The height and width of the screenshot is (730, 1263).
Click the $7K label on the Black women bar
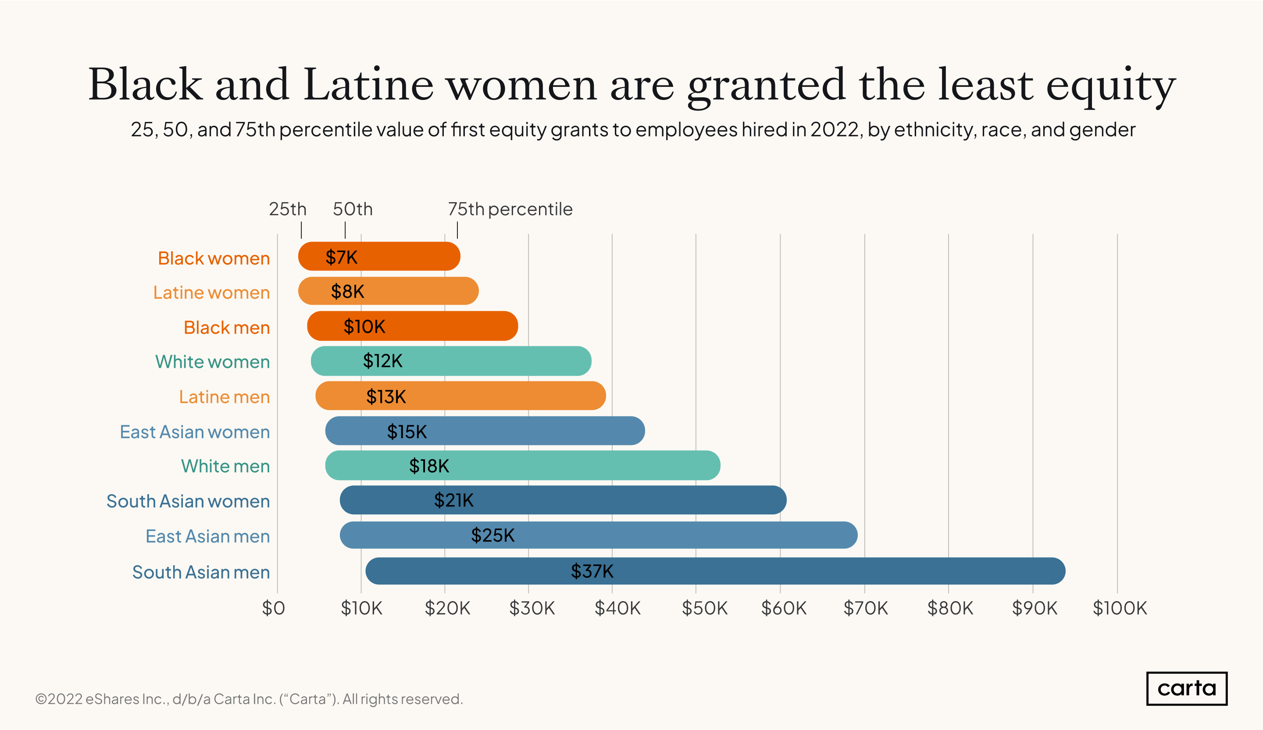click(x=341, y=257)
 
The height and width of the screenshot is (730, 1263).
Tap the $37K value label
click(x=592, y=571)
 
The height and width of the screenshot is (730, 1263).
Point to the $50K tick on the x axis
click(x=704, y=608)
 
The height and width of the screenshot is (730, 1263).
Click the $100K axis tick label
click(x=1119, y=608)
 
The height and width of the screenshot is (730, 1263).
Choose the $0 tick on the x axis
click(x=274, y=608)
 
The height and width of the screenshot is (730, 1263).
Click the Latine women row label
click(x=211, y=292)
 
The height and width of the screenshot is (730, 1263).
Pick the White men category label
click(x=225, y=466)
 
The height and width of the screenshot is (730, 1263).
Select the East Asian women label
click(x=194, y=432)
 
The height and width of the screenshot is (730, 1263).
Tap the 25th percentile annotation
click(x=287, y=209)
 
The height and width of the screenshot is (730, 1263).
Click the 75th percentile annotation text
click(x=510, y=209)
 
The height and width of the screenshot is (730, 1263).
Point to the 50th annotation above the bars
click(x=352, y=209)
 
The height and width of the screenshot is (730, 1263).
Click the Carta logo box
click(x=1186, y=688)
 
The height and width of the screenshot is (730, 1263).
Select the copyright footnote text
click(x=249, y=699)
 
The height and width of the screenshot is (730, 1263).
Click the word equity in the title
click(x=1110, y=85)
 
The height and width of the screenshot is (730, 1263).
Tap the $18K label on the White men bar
click(x=429, y=466)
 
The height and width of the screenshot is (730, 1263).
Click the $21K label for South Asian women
click(x=453, y=500)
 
